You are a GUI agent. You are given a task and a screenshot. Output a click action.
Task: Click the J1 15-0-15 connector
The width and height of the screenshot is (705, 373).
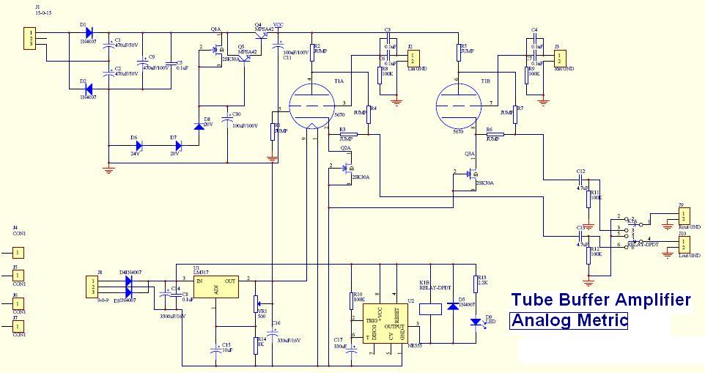click(x=29, y=39)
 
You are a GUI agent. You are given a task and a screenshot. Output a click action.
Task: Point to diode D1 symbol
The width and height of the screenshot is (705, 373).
click(x=88, y=33)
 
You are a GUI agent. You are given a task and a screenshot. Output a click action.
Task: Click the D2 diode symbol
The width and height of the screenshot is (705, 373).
click(x=88, y=90)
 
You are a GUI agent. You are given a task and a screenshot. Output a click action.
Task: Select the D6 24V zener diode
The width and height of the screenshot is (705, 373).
click(x=136, y=145)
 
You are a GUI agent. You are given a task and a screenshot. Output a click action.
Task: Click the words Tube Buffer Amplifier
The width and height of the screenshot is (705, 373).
click(x=600, y=300)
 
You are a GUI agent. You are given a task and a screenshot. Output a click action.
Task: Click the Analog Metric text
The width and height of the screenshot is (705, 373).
click(x=569, y=320)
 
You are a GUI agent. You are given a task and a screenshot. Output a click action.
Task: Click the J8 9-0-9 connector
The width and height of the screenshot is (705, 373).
click(x=92, y=286)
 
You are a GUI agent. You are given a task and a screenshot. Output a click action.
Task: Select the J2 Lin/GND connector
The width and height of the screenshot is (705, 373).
click(x=414, y=57)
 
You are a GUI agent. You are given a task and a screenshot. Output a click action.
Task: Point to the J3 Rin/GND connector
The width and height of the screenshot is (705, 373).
click(x=561, y=57)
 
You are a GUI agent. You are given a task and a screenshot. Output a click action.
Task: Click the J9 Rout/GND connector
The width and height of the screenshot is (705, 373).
click(x=684, y=215)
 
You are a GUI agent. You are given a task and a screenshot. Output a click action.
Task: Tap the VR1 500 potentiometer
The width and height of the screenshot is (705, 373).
click(x=256, y=303)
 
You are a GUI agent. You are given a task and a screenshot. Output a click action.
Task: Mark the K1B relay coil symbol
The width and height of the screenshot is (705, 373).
click(x=434, y=309)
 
